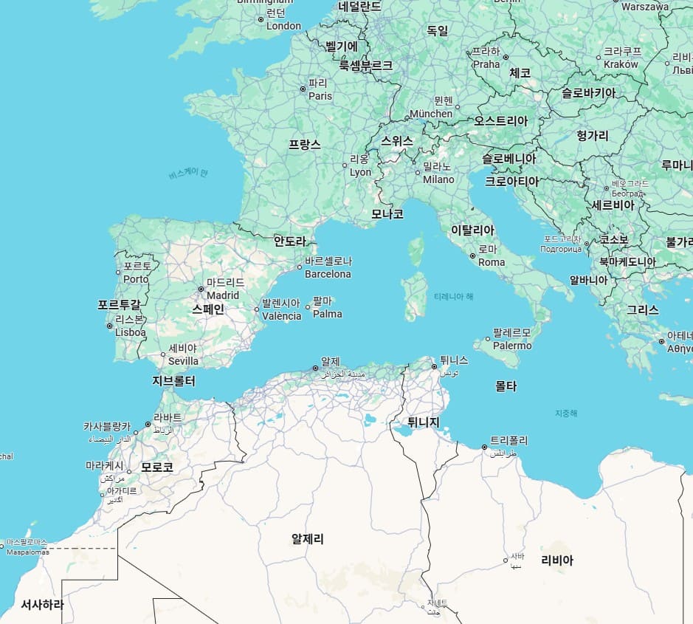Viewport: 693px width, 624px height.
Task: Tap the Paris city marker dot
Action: pyautogui.click(x=303, y=89)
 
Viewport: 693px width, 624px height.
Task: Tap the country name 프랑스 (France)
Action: pyautogui.click(x=304, y=145)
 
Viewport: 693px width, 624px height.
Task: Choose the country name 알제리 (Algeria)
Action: pyautogui.click(x=308, y=539)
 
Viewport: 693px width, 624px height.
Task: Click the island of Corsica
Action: pyautogui.click(x=417, y=250)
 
